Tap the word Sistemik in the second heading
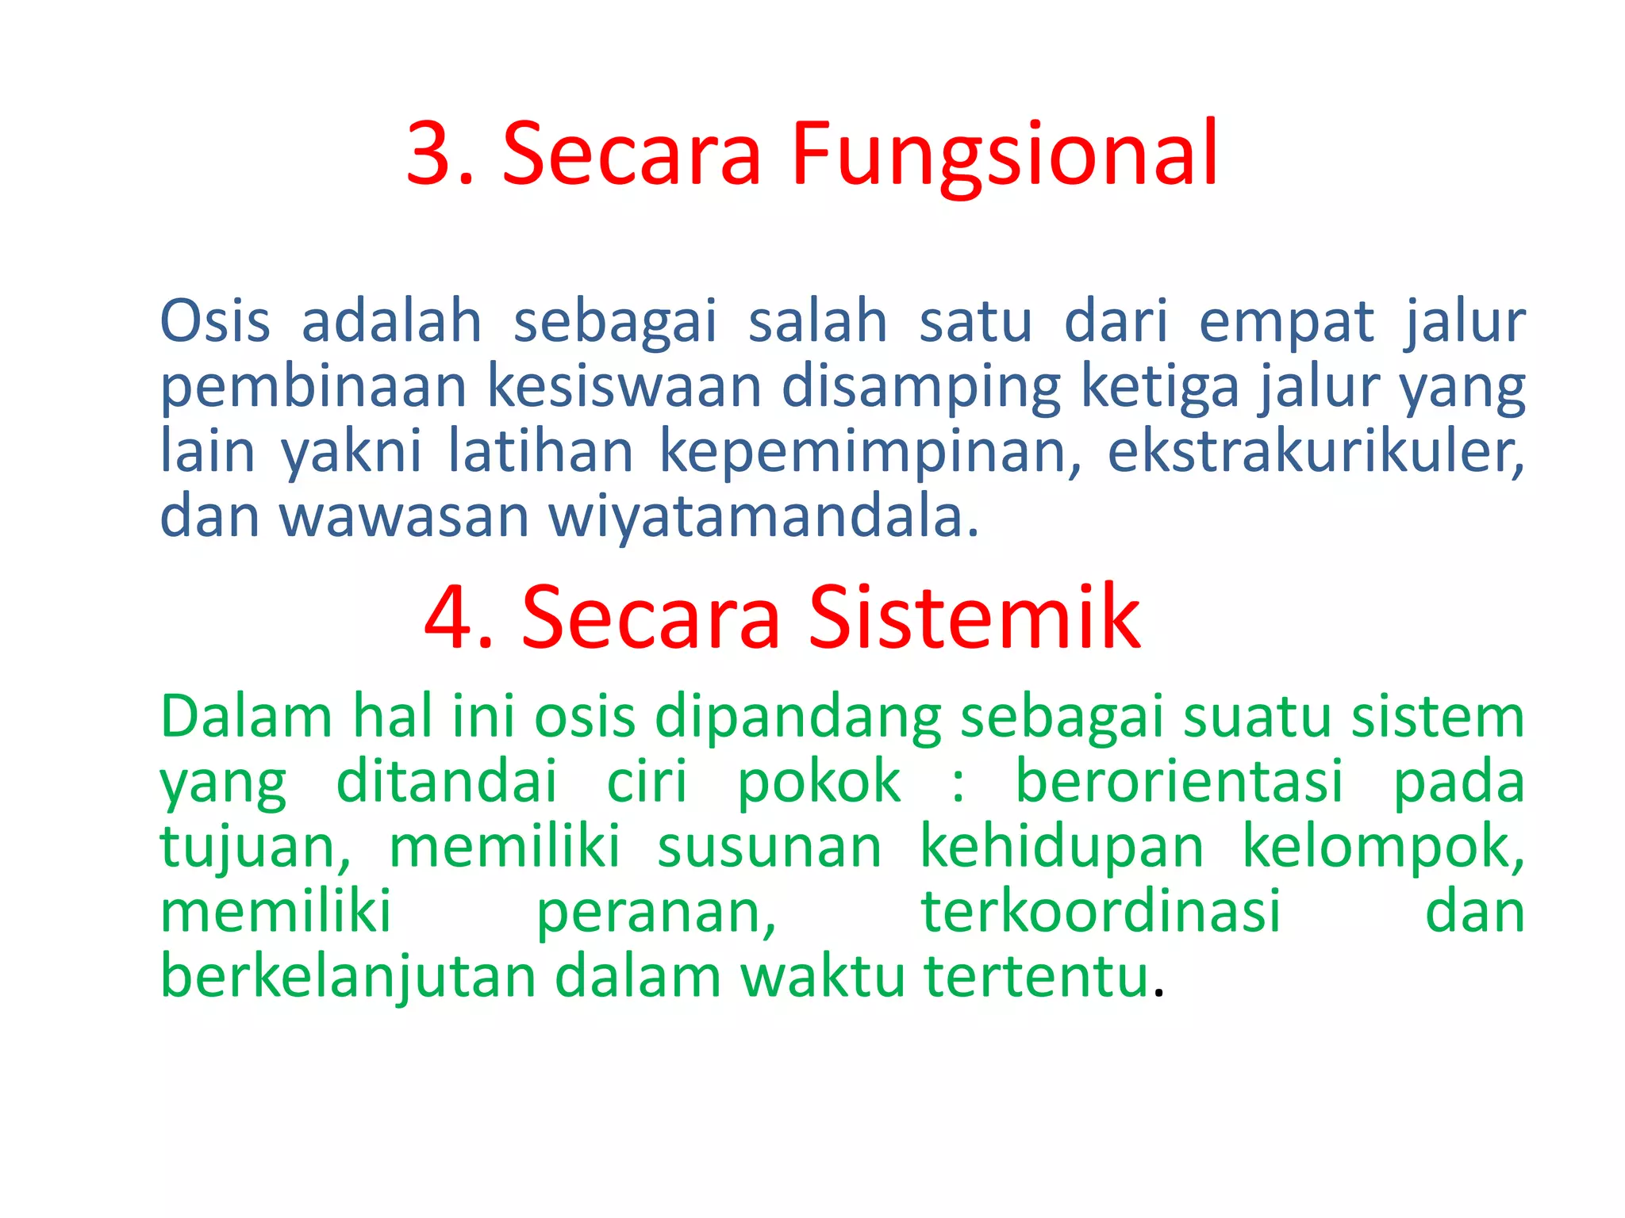[974, 617]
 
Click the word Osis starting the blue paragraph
[215, 322]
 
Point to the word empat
[1285, 322]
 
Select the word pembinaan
[313, 387]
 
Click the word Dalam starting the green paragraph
[246, 717]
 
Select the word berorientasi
[1179, 782]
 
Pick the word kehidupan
[1062, 847]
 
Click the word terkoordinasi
[1101, 912]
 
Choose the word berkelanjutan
[348, 977]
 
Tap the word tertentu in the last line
[1036, 977]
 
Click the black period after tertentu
[1159, 994]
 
